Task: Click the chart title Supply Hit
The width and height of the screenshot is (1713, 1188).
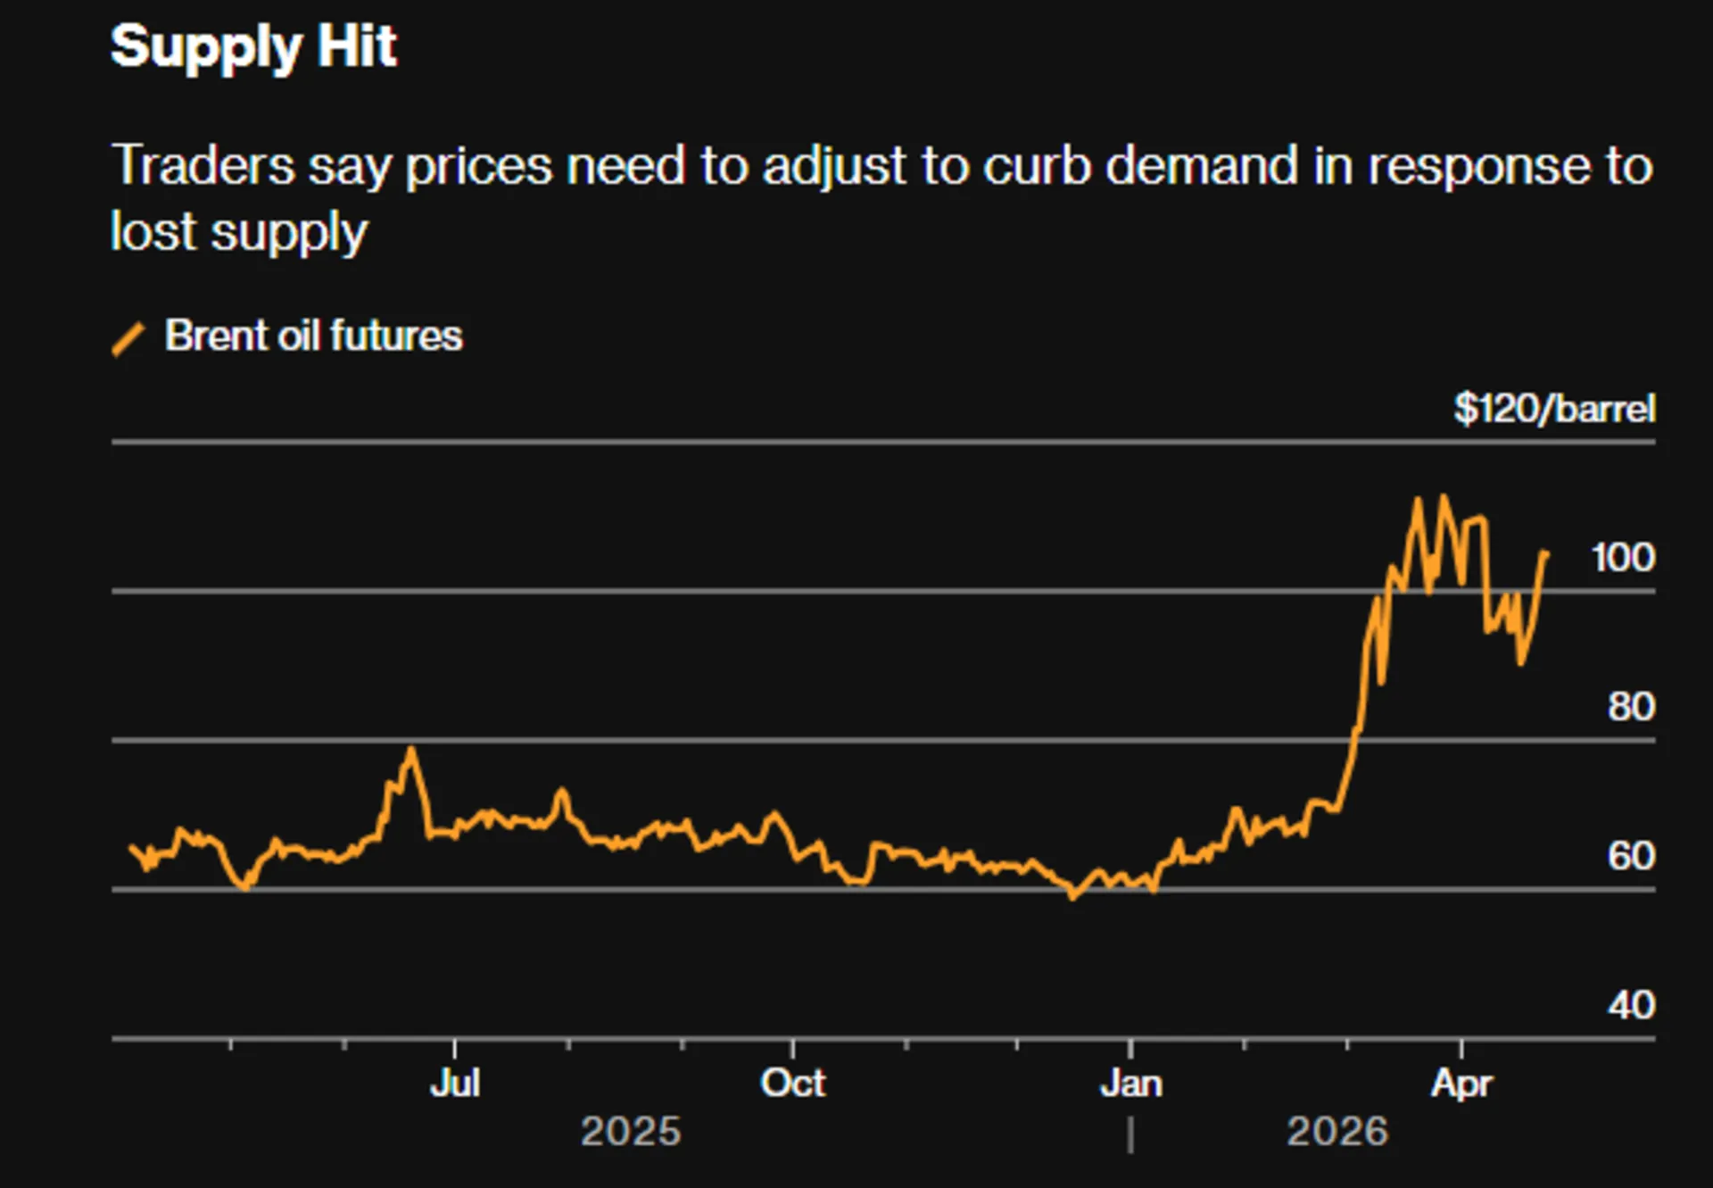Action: [x=253, y=46]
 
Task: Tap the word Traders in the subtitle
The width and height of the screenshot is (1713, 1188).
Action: [x=203, y=166]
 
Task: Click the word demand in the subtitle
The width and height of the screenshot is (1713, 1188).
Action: [x=1201, y=166]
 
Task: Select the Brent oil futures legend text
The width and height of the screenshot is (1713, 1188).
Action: [x=313, y=336]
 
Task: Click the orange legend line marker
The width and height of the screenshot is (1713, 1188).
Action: [x=128, y=339]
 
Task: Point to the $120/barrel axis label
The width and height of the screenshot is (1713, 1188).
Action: [x=1553, y=409]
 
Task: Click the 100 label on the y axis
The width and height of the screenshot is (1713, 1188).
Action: [x=1622, y=558]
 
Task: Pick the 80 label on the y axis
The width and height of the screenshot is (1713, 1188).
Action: [x=1631, y=707]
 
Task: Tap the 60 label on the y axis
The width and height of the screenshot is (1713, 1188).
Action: [x=1631, y=856]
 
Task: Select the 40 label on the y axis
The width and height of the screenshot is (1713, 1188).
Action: [x=1631, y=1006]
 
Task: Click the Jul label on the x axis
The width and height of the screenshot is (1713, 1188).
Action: [x=455, y=1084]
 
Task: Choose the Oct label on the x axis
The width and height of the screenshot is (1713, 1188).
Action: [x=792, y=1084]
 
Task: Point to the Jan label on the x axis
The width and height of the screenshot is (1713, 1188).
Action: [x=1130, y=1084]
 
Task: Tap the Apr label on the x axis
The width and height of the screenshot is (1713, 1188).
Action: [x=1461, y=1084]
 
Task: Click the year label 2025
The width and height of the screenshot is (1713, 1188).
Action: [x=631, y=1132]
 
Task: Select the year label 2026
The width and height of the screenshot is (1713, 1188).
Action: [x=1337, y=1132]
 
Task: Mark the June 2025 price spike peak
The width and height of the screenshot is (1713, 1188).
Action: [x=410, y=749]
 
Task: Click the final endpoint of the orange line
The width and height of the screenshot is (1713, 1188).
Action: [x=1546, y=553]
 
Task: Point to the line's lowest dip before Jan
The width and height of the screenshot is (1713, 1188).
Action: [x=1073, y=896]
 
